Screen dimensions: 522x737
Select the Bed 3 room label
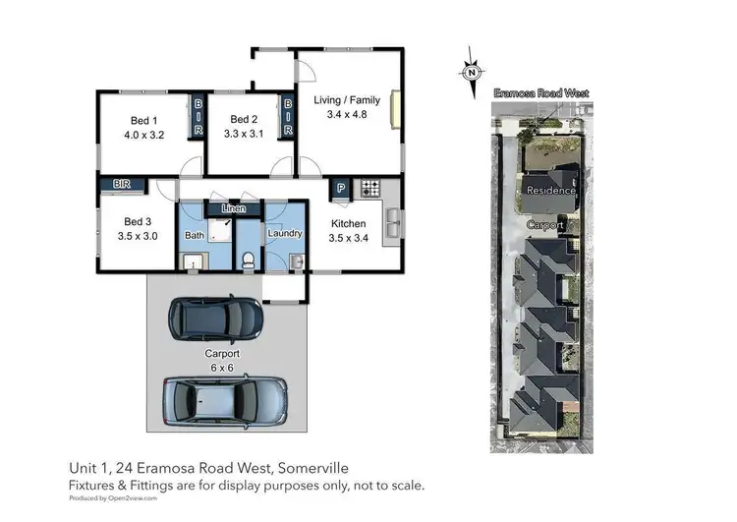pos(136,221)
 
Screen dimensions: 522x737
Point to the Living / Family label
pos(346,100)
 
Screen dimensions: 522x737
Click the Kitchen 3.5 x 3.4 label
pos(348,230)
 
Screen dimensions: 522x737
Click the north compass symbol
pos(473,71)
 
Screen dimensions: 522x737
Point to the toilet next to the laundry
pos(250,259)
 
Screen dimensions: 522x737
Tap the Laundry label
pos(284,234)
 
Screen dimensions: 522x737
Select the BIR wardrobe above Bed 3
pos(122,183)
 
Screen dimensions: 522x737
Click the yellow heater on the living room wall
pos(395,109)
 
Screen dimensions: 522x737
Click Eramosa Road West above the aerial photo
pos(541,93)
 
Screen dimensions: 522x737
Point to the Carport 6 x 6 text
pos(222,360)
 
